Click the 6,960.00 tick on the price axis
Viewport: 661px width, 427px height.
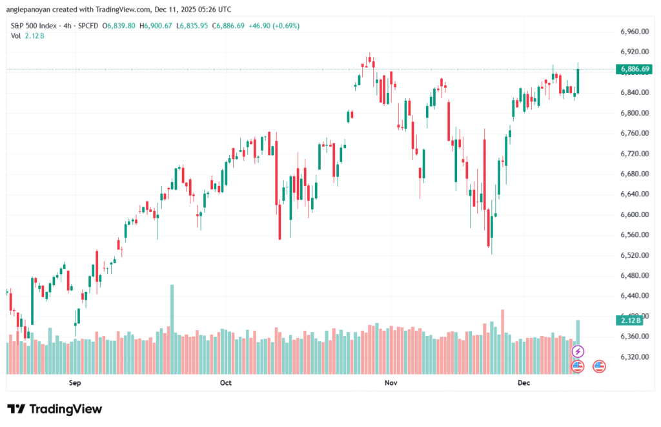coord(633,31)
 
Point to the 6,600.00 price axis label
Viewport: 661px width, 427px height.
coord(633,214)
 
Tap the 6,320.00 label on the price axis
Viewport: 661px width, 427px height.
coord(633,357)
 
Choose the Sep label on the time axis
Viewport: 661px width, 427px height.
coord(75,383)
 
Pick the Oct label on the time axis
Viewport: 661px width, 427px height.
coord(225,383)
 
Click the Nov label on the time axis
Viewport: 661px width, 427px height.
coord(390,383)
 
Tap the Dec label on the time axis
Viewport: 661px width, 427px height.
coord(524,383)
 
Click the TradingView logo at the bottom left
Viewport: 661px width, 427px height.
coord(54,409)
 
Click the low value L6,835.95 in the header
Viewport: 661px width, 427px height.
coord(198,26)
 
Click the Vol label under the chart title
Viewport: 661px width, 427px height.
coord(16,36)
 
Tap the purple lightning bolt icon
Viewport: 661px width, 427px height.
coord(578,351)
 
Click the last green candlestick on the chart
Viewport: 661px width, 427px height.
coord(578,81)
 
